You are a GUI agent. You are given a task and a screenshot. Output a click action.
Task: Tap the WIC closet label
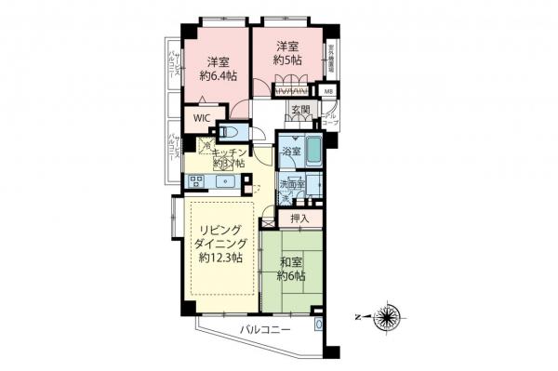pyautogui.click(x=200, y=118)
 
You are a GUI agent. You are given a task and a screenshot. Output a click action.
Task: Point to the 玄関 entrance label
pyautogui.click(x=300, y=111)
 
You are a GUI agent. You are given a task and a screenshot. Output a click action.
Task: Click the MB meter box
pyautogui.click(x=327, y=91)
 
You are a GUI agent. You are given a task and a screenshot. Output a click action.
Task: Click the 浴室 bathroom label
pyautogui.click(x=290, y=151)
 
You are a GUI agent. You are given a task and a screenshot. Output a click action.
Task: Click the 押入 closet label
pyautogui.click(x=299, y=219)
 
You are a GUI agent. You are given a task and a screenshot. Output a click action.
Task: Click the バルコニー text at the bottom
pyautogui.click(x=265, y=330)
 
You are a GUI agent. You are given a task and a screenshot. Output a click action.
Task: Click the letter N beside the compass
pyautogui.click(x=359, y=316)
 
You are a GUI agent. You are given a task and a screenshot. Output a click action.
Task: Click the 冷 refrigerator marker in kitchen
pyautogui.click(x=204, y=147)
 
